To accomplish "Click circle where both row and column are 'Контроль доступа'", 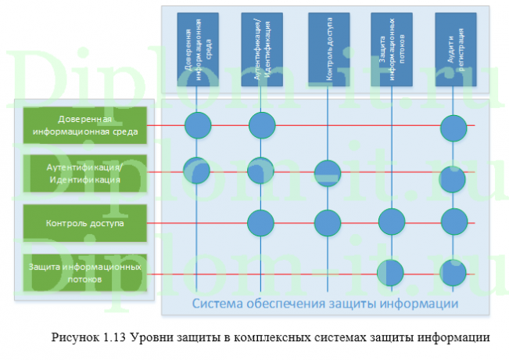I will click(x=327, y=223).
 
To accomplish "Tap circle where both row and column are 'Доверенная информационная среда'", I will click(x=198, y=124).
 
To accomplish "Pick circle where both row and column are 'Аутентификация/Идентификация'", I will click(x=261, y=171).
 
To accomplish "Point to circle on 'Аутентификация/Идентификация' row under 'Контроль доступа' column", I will click(x=327, y=173).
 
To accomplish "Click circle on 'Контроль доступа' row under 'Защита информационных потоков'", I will click(x=391, y=223).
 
